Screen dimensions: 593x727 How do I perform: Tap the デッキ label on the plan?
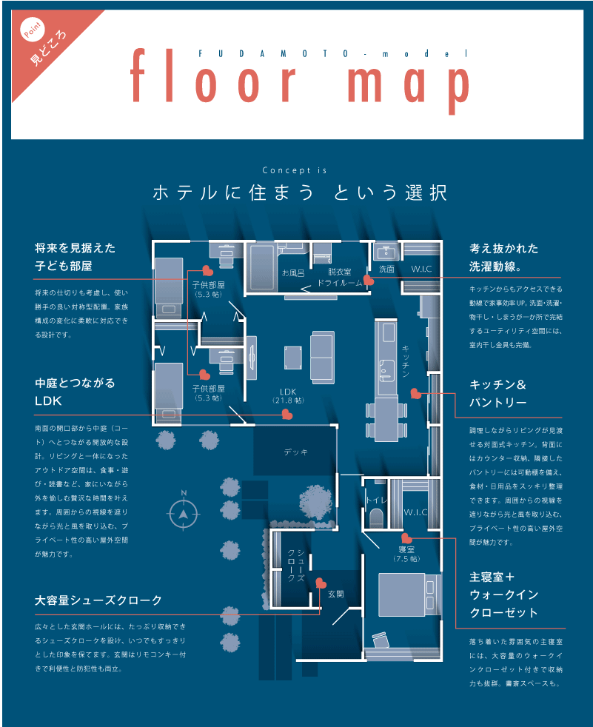coord(296,452)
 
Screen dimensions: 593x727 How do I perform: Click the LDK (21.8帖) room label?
coord(288,395)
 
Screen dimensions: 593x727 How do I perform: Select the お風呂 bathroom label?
coord(293,273)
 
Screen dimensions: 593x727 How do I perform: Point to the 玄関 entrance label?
coord(336,594)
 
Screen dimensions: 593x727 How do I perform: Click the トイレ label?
coord(376,500)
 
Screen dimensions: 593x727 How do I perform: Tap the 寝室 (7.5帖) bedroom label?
coord(406,554)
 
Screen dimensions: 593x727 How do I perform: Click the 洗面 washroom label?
coord(386,269)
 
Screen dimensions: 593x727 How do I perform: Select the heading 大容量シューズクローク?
coord(98,600)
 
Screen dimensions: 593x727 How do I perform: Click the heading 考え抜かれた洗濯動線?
coord(504,258)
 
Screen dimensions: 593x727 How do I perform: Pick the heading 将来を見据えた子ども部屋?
coord(75,257)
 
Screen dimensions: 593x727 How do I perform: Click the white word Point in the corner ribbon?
coord(33,30)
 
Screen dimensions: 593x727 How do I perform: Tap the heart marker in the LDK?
coord(287,414)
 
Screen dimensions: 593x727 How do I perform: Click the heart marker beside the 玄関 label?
coord(321,583)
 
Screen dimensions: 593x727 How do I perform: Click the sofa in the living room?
coord(322,357)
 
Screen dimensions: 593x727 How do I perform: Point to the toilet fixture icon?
coord(377,518)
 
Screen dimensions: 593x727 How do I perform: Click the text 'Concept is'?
coord(295,170)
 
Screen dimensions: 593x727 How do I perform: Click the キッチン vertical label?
coord(405,361)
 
